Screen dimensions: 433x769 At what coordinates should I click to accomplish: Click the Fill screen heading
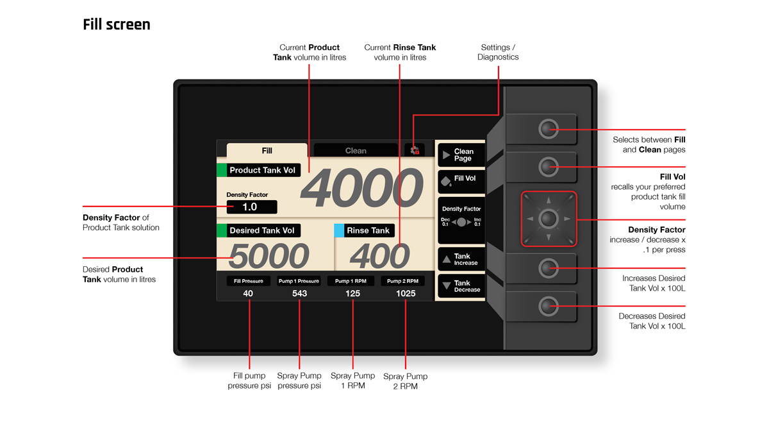click(117, 24)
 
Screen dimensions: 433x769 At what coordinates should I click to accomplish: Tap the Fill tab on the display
click(267, 151)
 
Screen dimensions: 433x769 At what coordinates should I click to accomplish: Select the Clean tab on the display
click(356, 151)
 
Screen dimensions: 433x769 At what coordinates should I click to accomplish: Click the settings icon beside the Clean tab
click(415, 150)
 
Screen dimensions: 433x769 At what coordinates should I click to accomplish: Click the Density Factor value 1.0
click(251, 207)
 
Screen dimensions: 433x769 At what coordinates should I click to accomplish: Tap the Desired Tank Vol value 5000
click(269, 257)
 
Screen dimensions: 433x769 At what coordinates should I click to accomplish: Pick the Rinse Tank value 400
click(380, 257)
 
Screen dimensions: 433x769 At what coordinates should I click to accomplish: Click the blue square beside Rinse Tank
click(339, 230)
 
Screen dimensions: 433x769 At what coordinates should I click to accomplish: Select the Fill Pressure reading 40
click(248, 293)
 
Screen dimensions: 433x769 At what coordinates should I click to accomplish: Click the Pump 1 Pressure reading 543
click(299, 293)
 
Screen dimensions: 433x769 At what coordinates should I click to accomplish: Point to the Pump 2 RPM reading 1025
click(405, 293)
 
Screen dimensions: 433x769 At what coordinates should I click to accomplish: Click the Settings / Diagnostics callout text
click(498, 52)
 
